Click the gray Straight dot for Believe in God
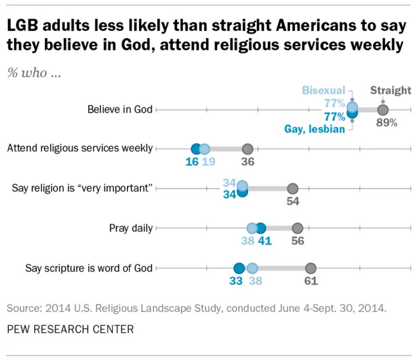click(x=383, y=109)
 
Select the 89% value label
click(x=387, y=122)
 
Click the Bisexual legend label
click(x=324, y=90)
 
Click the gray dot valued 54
click(x=292, y=189)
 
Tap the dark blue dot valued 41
click(x=260, y=228)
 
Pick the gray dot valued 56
click(x=297, y=228)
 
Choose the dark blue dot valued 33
click(x=239, y=269)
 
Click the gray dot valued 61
click(x=310, y=269)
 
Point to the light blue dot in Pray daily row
click(x=252, y=228)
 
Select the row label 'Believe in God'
click(x=120, y=109)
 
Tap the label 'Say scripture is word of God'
click(x=89, y=268)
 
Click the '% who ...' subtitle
click(x=33, y=72)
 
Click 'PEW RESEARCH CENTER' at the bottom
click(x=70, y=329)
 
